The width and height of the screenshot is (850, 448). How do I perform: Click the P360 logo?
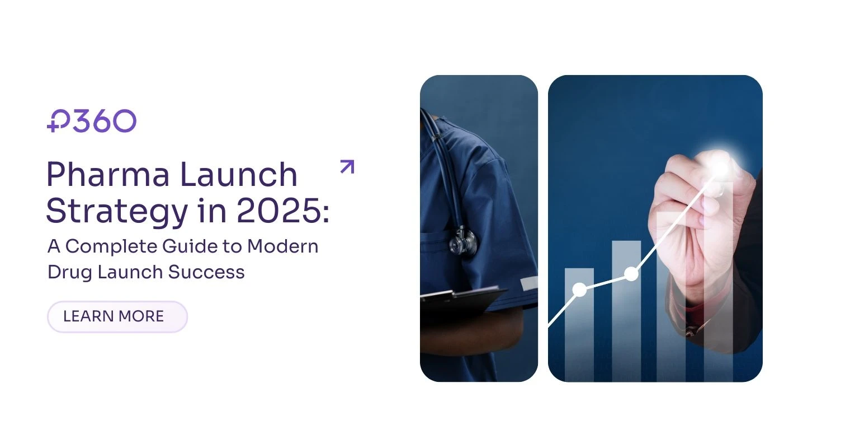(x=92, y=121)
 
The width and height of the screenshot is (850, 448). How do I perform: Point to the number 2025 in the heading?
(x=279, y=211)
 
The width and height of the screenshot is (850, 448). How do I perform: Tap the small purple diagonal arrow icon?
(x=347, y=167)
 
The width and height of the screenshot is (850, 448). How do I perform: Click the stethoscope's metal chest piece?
(x=463, y=241)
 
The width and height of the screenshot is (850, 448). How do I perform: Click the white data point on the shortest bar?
(x=580, y=290)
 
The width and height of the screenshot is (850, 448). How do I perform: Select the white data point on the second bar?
(x=631, y=274)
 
